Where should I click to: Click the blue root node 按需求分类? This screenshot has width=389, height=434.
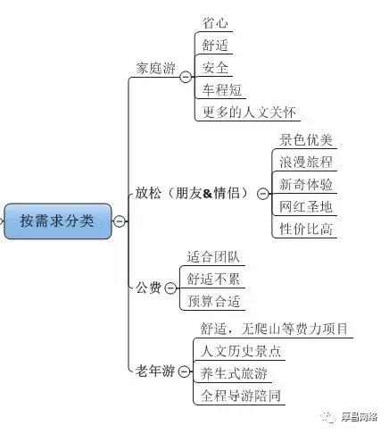(x=58, y=221)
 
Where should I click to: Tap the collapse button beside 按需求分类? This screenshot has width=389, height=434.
(x=120, y=221)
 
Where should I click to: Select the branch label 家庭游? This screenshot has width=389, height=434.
(x=155, y=68)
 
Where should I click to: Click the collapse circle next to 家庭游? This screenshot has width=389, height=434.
(x=186, y=77)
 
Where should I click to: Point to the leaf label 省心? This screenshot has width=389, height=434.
(x=215, y=23)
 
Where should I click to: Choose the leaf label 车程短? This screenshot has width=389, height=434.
(x=221, y=90)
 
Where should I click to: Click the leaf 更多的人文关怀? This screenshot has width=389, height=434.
(x=249, y=113)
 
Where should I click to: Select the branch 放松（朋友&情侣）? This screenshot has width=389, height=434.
(x=192, y=193)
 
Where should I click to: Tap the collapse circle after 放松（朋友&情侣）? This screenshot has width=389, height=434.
(x=262, y=194)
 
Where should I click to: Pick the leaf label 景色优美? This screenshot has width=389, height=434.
(x=306, y=140)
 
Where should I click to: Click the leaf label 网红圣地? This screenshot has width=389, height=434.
(x=306, y=206)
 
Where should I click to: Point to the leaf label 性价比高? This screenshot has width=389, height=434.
(x=306, y=229)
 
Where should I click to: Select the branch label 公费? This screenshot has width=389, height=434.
(x=148, y=288)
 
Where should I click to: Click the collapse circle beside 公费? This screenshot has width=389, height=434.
(x=170, y=288)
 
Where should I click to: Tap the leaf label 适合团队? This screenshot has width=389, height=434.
(x=213, y=257)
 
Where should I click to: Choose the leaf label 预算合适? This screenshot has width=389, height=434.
(x=213, y=301)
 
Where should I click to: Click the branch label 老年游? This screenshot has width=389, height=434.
(x=155, y=371)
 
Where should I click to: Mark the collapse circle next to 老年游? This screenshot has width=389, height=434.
(x=185, y=371)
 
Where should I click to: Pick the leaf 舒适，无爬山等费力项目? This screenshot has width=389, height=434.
(x=274, y=329)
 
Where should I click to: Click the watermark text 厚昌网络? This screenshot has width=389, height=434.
(x=360, y=417)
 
